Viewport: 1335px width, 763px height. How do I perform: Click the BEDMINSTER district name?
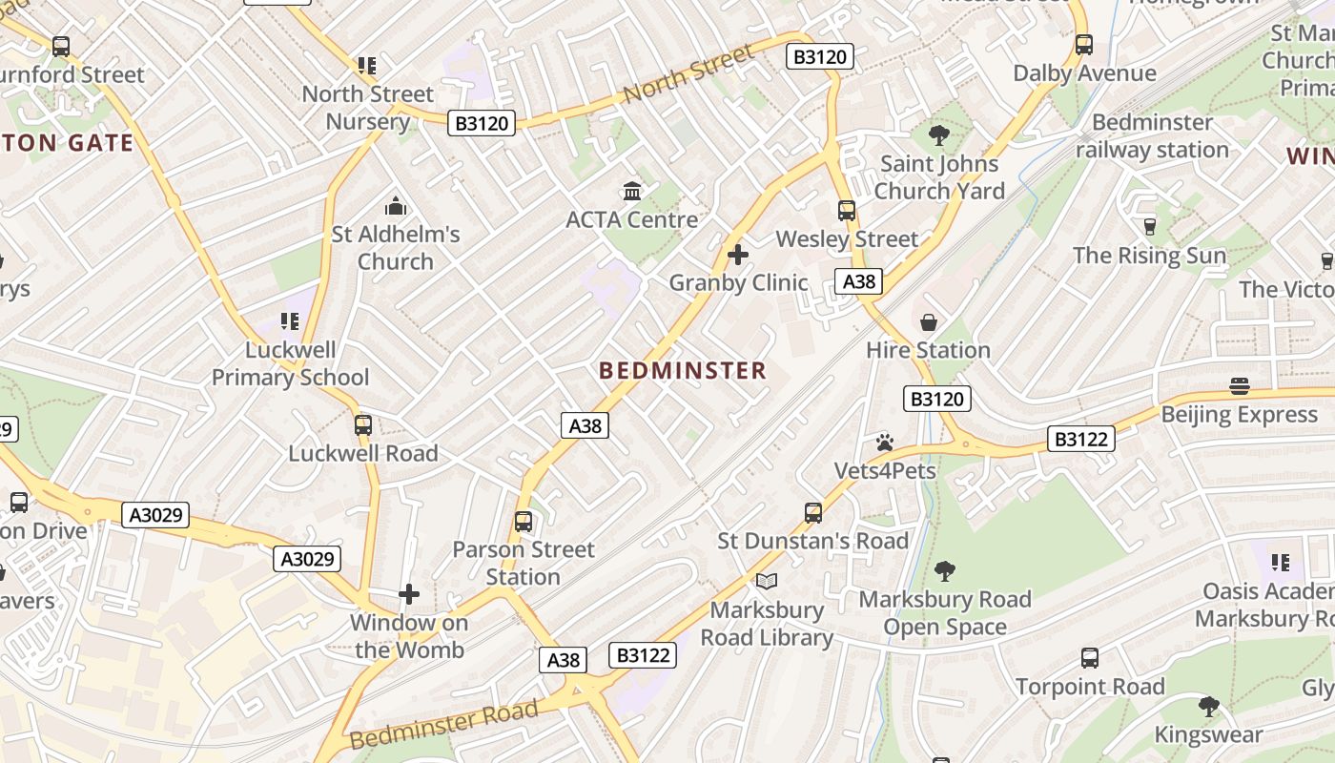point(683,371)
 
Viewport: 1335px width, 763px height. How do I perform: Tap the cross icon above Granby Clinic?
point(737,255)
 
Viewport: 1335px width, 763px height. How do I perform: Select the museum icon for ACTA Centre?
point(631,192)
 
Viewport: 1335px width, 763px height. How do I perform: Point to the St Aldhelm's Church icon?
point(395,206)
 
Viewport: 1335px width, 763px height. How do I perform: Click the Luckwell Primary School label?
point(290,363)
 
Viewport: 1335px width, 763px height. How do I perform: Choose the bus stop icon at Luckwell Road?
point(362,425)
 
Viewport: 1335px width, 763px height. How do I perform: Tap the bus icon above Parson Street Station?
point(523,522)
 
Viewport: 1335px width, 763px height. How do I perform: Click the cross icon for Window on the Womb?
point(409,594)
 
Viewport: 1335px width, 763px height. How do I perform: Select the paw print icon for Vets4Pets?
point(885,443)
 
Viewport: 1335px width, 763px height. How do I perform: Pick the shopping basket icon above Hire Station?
point(928,322)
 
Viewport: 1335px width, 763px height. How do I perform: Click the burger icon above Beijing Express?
point(1239,386)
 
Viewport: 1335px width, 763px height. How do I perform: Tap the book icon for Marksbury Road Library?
point(766,581)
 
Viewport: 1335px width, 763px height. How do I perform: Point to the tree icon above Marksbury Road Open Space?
point(944,571)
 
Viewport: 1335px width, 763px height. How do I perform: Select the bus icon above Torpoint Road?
point(1089,658)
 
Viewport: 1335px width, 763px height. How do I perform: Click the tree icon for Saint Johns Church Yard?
point(939,135)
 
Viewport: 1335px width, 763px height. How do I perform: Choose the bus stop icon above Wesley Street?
point(846,211)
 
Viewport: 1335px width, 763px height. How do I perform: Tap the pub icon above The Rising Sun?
point(1149,227)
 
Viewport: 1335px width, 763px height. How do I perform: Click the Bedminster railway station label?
point(1152,136)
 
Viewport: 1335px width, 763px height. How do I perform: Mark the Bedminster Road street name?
point(444,725)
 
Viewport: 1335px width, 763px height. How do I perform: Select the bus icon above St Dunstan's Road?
point(812,513)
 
